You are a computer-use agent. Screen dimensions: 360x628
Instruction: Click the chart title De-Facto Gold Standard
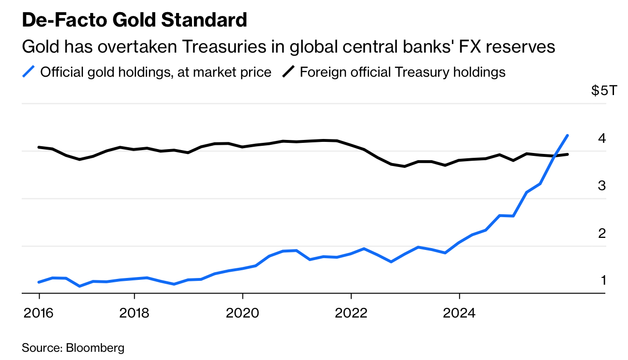(135, 20)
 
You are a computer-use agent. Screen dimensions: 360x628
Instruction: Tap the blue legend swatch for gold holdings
(29, 72)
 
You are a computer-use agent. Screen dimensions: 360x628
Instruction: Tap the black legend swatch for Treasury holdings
(288, 72)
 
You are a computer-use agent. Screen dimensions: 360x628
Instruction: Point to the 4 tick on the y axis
(601, 138)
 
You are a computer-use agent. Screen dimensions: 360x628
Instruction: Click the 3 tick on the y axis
(601, 186)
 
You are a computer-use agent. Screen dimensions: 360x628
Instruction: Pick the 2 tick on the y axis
(601, 234)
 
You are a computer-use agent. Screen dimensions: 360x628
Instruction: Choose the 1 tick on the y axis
(602, 280)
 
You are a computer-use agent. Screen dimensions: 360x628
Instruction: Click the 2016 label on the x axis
(39, 313)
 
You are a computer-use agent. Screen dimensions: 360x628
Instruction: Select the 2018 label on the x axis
(134, 313)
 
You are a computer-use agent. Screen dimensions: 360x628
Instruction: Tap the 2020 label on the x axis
(243, 313)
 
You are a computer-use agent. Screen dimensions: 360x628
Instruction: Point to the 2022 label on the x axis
(351, 313)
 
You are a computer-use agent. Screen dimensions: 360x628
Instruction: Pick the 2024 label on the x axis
(460, 313)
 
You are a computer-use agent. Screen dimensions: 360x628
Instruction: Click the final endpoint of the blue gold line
(568, 136)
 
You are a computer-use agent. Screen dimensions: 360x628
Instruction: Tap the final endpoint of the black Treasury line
(568, 154)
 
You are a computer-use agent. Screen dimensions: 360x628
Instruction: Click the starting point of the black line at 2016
(39, 147)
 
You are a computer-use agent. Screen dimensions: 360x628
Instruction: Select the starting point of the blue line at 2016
(39, 282)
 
